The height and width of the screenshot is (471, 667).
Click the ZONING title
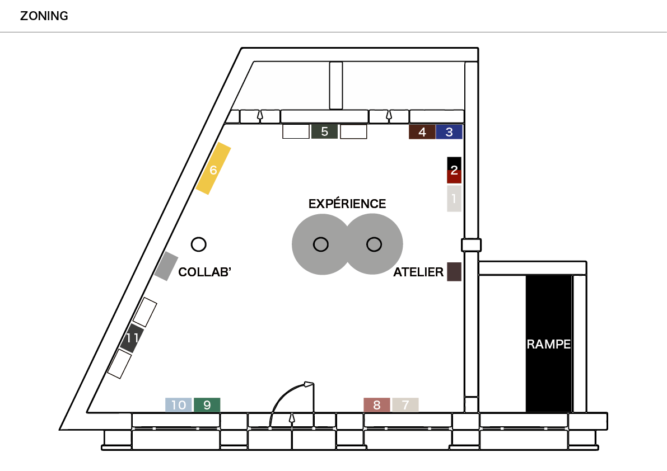tap(44, 16)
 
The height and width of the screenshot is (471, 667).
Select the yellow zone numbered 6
tap(213, 168)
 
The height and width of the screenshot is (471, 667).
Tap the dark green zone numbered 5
tap(325, 131)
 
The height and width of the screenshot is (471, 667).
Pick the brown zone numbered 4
tap(422, 132)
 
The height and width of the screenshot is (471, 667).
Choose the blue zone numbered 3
tap(449, 132)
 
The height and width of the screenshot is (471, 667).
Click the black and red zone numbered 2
tap(454, 170)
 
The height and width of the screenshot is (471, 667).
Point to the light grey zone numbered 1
tap(454, 199)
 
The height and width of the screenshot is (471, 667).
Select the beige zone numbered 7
tap(405, 405)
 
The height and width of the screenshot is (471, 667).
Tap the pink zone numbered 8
tap(377, 405)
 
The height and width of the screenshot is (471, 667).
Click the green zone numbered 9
tap(207, 405)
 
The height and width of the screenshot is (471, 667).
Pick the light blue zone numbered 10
tap(179, 405)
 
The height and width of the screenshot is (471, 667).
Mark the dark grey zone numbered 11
tap(132, 338)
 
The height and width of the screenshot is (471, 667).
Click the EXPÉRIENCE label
tap(347, 204)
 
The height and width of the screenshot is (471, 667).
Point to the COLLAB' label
tap(204, 272)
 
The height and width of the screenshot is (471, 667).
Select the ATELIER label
tap(418, 272)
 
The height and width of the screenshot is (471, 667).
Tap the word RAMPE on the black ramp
tap(549, 344)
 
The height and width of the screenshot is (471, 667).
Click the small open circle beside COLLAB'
tap(199, 244)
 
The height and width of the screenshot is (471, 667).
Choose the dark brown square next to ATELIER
tap(454, 272)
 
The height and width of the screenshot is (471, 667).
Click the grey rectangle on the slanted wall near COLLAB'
tap(166, 266)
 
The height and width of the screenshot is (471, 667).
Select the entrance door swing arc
tap(282, 395)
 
